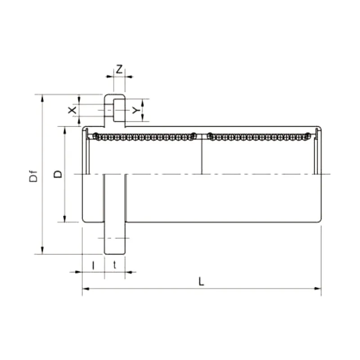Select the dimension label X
coord(71,110)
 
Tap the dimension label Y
coord(135,110)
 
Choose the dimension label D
coord(58,174)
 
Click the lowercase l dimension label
coord(93,265)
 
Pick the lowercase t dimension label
coord(115,265)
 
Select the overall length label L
coord(202,282)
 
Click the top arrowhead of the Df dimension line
coord(42,98)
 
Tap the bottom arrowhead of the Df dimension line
coord(42,251)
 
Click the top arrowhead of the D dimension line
coord(65,130)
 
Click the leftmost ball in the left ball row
coord(95,136)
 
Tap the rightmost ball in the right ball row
coord(308,136)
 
